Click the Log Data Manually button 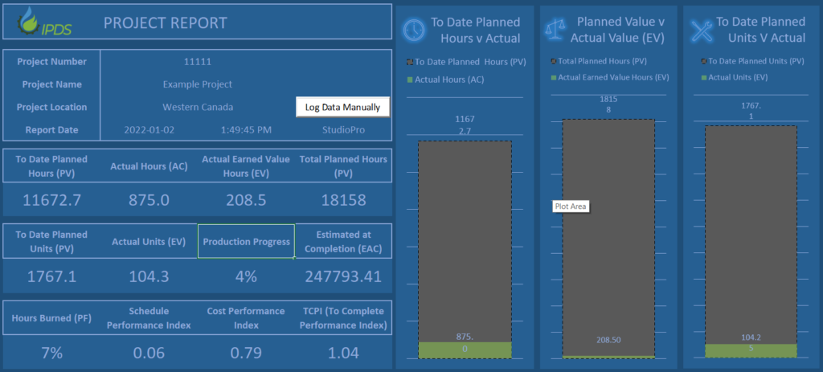coord(342,107)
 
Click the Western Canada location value coord(197,107)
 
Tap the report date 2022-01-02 coord(150,129)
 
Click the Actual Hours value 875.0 coord(149,200)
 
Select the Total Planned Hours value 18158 coord(343,200)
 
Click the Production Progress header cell coord(246,242)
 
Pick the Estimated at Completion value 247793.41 coord(343,276)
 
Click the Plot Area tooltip coord(571,206)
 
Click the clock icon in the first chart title coord(414,29)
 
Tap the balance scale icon coord(556,29)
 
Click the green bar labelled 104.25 coord(751,350)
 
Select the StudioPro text coord(343,129)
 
